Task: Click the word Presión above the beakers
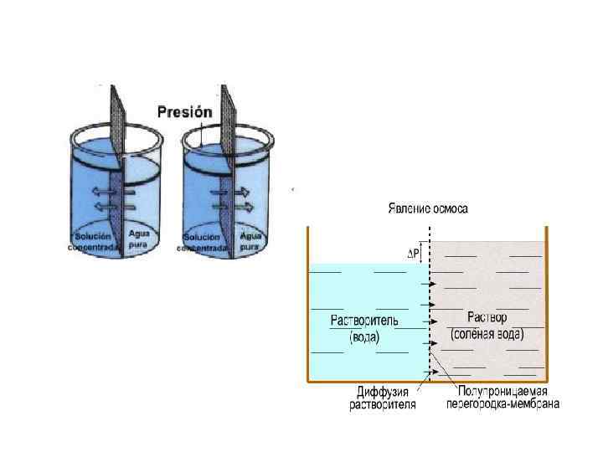(184, 111)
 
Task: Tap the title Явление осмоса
(427, 208)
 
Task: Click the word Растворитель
(365, 321)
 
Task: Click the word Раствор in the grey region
(486, 318)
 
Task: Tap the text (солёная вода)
(487, 334)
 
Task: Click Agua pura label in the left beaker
(137, 240)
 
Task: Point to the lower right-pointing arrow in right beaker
(244, 206)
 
